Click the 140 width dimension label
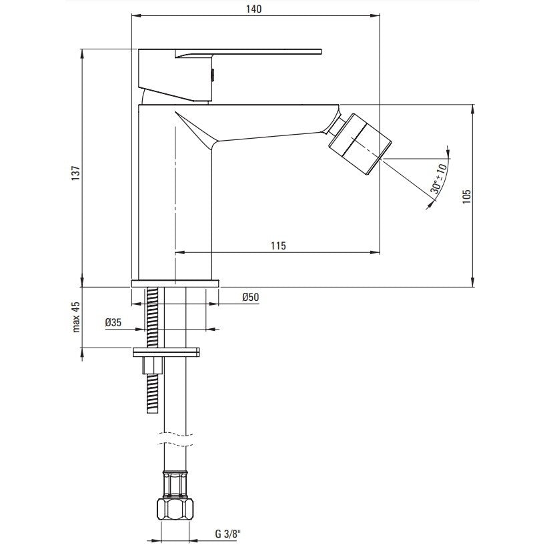point(253,9)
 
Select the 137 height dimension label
point(76,173)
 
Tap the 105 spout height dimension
point(467,196)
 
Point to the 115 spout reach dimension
point(278,245)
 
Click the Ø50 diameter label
point(251,297)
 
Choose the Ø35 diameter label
point(113,323)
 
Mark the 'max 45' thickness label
point(76,317)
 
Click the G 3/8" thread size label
point(227,534)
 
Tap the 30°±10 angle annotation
point(439,178)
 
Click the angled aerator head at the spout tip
point(361,143)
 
